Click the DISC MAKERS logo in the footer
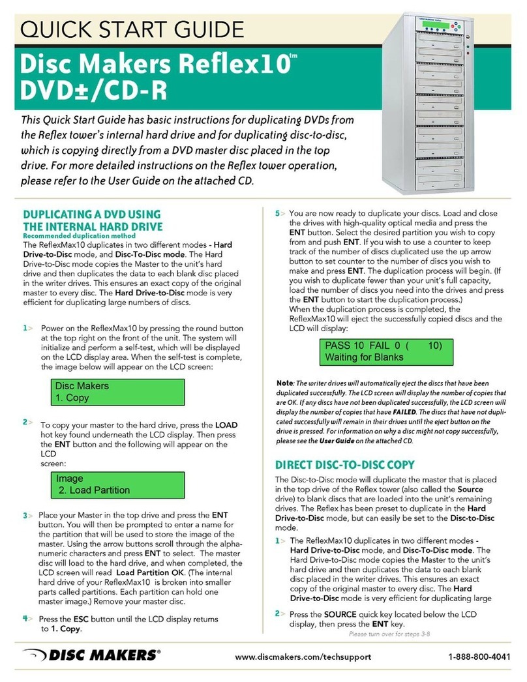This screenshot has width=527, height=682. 91,655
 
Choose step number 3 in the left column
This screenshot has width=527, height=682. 26,515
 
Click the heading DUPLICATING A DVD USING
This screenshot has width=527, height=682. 91,213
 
